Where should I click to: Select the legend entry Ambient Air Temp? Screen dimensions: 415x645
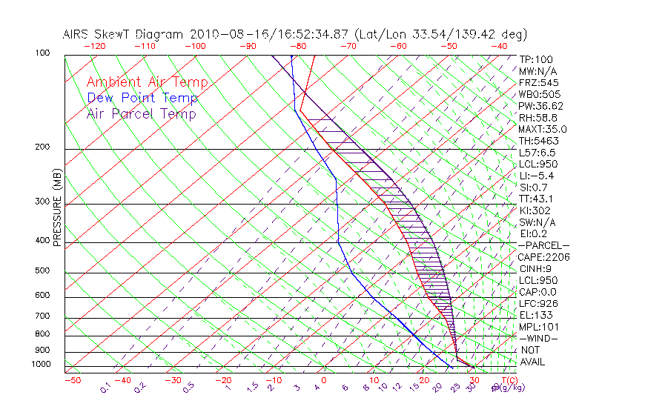pyautogui.click(x=147, y=82)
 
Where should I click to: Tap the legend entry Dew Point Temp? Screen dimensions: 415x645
pyautogui.click(x=142, y=98)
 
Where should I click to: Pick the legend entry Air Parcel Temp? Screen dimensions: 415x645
pyautogui.click(x=141, y=113)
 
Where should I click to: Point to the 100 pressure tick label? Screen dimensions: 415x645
pyautogui.click(x=42, y=53)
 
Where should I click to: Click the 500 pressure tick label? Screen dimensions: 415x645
pyautogui.click(x=42, y=271)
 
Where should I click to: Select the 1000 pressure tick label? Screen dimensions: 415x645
pyautogui.click(x=40, y=365)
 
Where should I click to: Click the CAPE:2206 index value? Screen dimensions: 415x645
pyautogui.click(x=543, y=257)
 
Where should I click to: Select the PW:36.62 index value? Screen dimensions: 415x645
pyautogui.click(x=541, y=106)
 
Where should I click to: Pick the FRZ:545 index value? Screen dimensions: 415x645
pyautogui.click(x=539, y=82)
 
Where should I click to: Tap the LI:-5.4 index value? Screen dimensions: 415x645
pyautogui.click(x=536, y=176)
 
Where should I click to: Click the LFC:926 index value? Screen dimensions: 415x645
pyautogui.click(x=537, y=304)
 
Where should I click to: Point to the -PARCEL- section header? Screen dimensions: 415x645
pyautogui.click(x=543, y=245)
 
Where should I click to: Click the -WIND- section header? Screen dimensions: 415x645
pyautogui.click(x=538, y=339)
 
